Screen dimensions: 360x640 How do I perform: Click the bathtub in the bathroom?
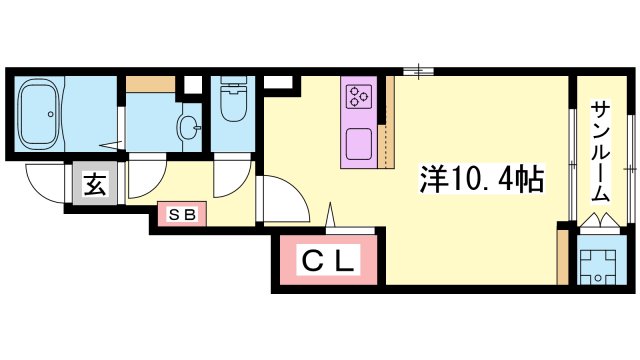click(50, 115)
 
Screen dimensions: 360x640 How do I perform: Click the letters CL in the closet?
click(329, 262)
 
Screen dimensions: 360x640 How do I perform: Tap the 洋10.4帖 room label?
click(481, 181)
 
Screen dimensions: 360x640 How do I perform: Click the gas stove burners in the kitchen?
click(358, 97)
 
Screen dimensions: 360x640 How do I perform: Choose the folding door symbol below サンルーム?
click(601, 221)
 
